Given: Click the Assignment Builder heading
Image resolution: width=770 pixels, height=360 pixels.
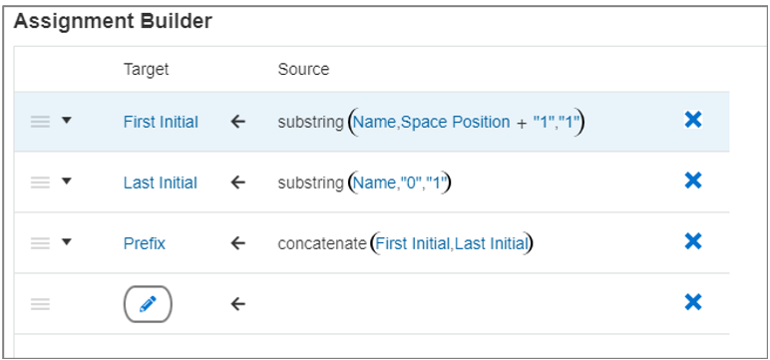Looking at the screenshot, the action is pyautogui.click(x=112, y=22).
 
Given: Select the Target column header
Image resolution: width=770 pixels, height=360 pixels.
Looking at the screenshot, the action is pyautogui.click(x=146, y=69).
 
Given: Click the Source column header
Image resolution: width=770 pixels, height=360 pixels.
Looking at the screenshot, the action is pyautogui.click(x=303, y=69).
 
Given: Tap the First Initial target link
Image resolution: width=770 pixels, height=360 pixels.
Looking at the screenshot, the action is pyautogui.click(x=161, y=122).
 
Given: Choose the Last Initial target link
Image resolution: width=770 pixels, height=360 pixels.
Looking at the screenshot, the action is pyautogui.click(x=160, y=182).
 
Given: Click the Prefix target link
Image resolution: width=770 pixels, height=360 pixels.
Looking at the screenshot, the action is pyautogui.click(x=145, y=242).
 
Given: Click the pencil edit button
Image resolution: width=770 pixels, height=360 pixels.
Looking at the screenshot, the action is pyautogui.click(x=148, y=303).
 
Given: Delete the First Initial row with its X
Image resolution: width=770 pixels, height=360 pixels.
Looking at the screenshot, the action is pyautogui.click(x=693, y=121).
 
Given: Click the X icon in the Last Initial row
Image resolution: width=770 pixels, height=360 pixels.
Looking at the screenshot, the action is pyautogui.click(x=693, y=181).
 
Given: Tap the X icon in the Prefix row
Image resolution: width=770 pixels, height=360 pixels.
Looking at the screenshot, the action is pyautogui.click(x=693, y=241).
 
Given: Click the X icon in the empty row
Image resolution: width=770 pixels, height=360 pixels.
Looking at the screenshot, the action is pyautogui.click(x=693, y=302).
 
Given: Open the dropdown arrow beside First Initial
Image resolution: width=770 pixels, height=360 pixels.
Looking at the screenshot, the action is pyautogui.click(x=67, y=122).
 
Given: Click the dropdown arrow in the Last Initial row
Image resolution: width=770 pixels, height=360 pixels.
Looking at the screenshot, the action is pyautogui.click(x=67, y=182).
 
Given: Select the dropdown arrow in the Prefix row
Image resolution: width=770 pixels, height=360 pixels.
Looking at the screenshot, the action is pyautogui.click(x=67, y=242).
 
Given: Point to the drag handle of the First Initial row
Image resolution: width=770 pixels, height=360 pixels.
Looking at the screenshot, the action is pyautogui.click(x=40, y=122).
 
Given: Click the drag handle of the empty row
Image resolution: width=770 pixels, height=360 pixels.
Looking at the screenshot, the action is pyautogui.click(x=40, y=303).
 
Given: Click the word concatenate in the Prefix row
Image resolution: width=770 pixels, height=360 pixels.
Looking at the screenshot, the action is pyautogui.click(x=321, y=242).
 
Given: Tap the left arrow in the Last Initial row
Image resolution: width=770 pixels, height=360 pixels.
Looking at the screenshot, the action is pyautogui.click(x=237, y=182).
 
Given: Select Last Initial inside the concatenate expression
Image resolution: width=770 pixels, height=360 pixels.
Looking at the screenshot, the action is pyautogui.click(x=490, y=242).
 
